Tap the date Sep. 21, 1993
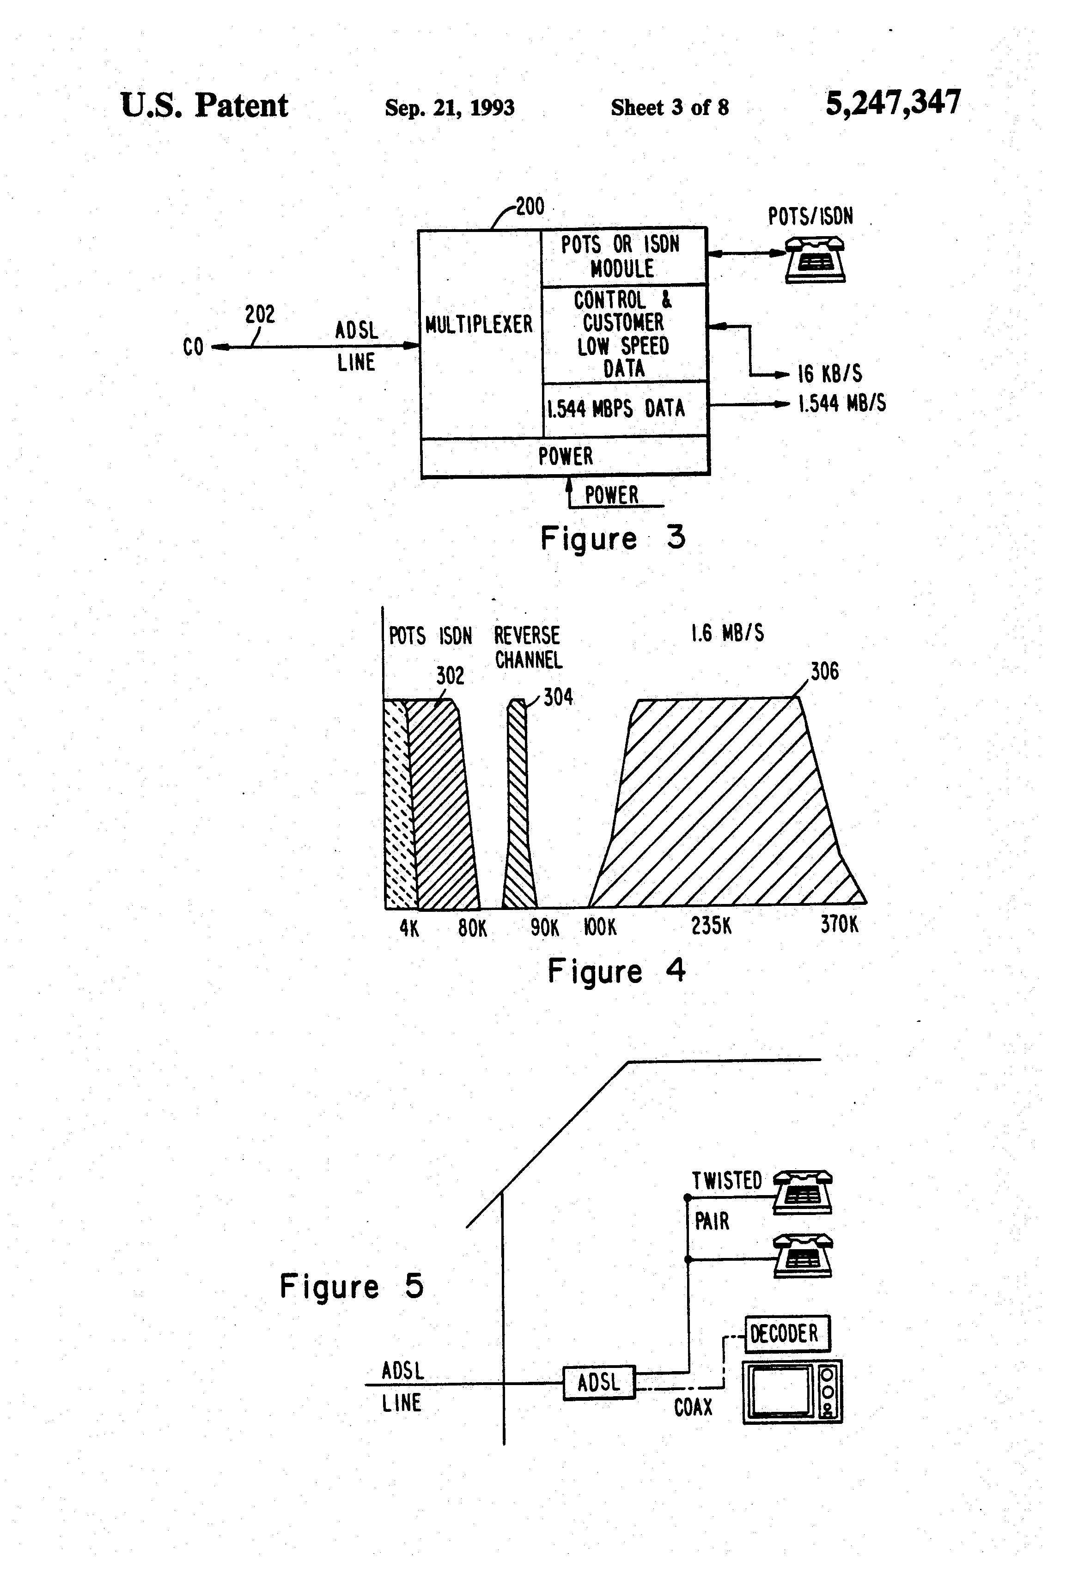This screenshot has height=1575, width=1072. pos(449,107)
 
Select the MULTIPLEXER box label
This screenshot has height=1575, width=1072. pos(479,324)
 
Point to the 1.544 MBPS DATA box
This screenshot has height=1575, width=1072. pos(617,408)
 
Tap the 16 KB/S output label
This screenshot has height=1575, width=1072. pos(829,373)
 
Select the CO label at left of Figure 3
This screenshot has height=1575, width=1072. pos(193,347)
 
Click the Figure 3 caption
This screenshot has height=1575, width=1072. pos(613,538)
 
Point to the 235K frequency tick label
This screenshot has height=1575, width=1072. pos(711,926)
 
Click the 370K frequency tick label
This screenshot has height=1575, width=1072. pos(839,924)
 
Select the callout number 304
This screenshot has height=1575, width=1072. pos(558,696)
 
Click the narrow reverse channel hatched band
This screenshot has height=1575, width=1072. pos(519,806)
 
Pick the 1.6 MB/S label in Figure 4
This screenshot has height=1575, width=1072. pos(727,633)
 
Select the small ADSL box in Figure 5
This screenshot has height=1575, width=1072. pos(598,1383)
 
